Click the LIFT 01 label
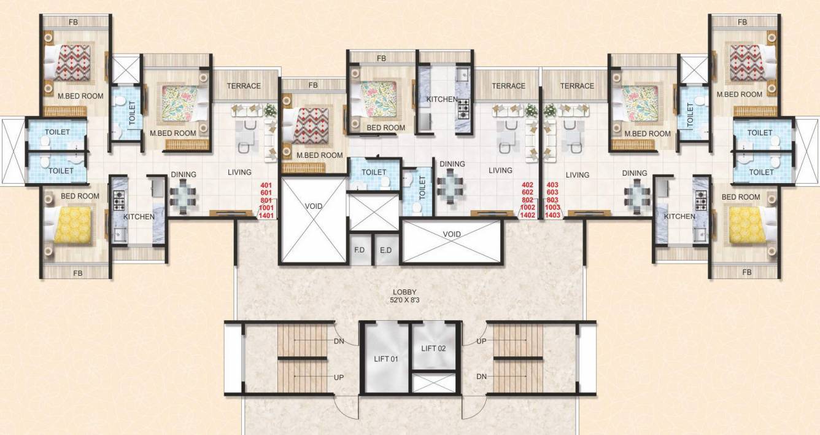tap(387, 358)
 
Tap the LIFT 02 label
tap(434, 348)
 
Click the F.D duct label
tap(360, 251)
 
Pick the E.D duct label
tap(385, 251)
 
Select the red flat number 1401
tap(266, 215)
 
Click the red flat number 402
tap(527, 185)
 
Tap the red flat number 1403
tap(552, 215)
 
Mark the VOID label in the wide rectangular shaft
tap(452, 234)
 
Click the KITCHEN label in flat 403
tap(679, 216)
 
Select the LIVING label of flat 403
tap(577, 175)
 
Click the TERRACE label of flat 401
tap(244, 86)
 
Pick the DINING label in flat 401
tap(184, 174)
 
